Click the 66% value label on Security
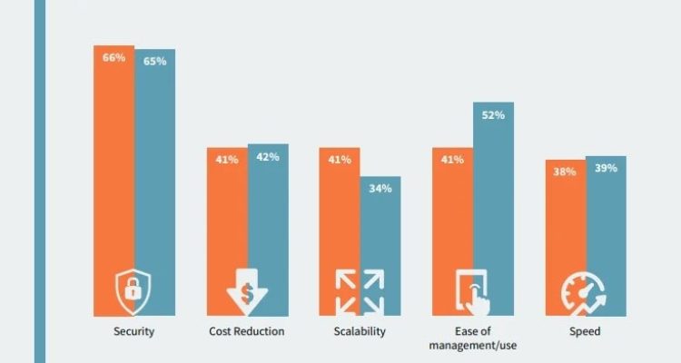114,57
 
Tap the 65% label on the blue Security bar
154,62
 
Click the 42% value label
267,156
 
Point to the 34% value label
380,189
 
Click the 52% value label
493,115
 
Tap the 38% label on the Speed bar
565,172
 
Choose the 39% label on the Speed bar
605,169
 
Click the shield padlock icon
134,291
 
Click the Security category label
134,331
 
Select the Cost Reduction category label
247,331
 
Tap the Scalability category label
360,331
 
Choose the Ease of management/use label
472,338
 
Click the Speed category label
586,331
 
